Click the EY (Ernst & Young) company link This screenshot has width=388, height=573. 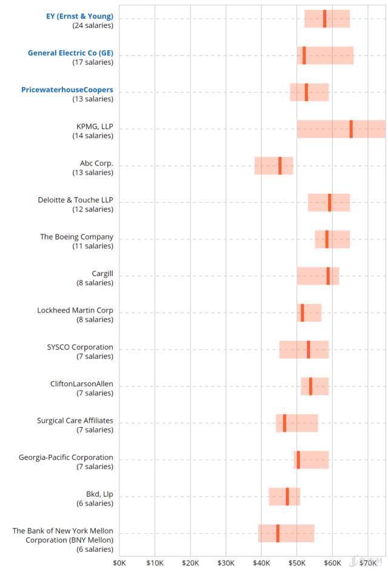click(x=79, y=16)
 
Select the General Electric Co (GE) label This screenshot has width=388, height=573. click(x=70, y=53)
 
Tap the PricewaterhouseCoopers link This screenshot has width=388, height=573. click(x=67, y=90)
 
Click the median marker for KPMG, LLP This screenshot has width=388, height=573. click(x=351, y=129)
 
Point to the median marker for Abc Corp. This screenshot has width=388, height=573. click(x=280, y=166)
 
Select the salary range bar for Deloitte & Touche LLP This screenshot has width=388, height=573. click(x=329, y=202)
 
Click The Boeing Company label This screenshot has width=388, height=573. click(x=76, y=237)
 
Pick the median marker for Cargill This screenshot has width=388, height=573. click(x=328, y=276)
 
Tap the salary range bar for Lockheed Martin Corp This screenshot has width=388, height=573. click(x=309, y=313)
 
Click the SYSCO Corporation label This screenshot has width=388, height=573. click(x=80, y=347)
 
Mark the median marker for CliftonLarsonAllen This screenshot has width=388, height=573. click(x=310, y=386)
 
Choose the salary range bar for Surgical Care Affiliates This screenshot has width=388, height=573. click(x=296, y=423)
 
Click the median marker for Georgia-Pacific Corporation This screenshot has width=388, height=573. click(x=298, y=460)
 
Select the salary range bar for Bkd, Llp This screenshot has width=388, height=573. click(x=284, y=497)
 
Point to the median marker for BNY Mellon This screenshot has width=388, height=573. click(x=278, y=533)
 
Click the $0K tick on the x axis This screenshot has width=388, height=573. click(x=119, y=563)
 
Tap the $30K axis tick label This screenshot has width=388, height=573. click(x=226, y=563)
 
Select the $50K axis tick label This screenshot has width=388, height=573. click(x=297, y=563)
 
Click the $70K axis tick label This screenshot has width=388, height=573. click(x=368, y=563)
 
